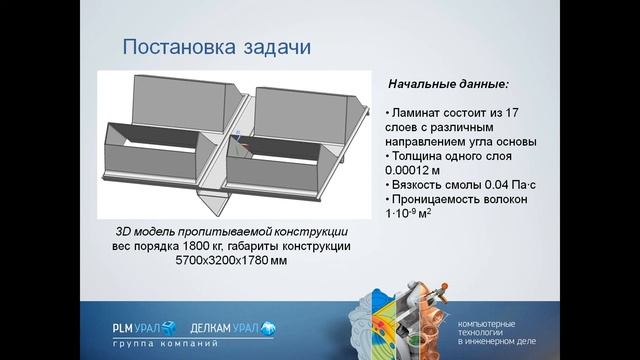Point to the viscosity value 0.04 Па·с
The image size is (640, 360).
pyautogui.click(x=512, y=184)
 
